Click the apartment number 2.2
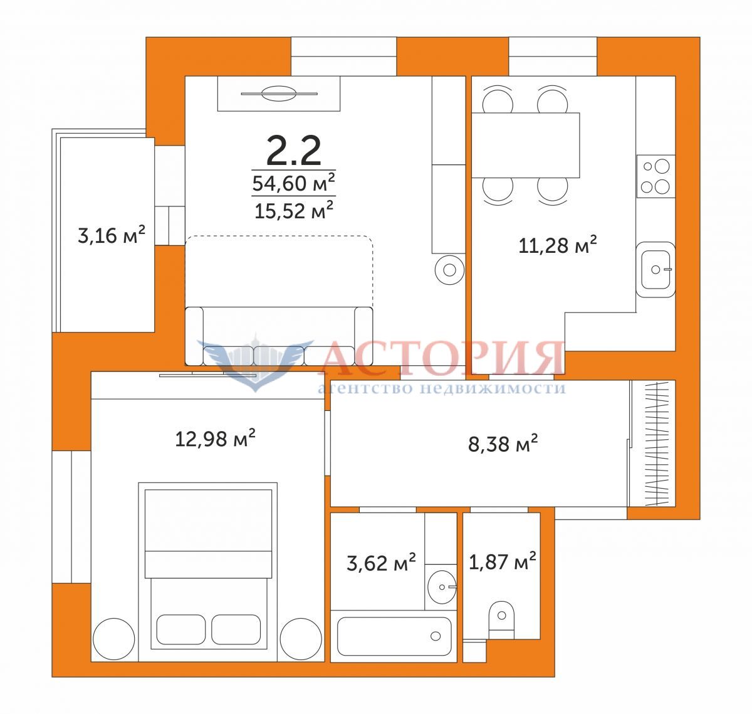click(293, 151)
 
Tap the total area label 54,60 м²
click(294, 183)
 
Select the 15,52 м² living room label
click(294, 210)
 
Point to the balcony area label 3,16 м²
click(112, 235)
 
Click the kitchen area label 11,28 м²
click(557, 245)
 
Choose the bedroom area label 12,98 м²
click(216, 438)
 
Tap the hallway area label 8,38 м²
click(503, 444)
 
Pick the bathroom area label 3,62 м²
click(381, 563)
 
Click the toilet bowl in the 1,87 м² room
click(501, 620)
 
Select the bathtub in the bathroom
click(394, 636)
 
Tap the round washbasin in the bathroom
click(442, 587)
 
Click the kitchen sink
click(655, 270)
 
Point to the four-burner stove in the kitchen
click(655, 176)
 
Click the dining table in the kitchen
click(526, 145)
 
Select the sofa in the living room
click(279, 336)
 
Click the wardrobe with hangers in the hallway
click(652, 444)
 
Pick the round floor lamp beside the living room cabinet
click(449, 270)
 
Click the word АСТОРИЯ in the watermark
click(441, 359)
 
